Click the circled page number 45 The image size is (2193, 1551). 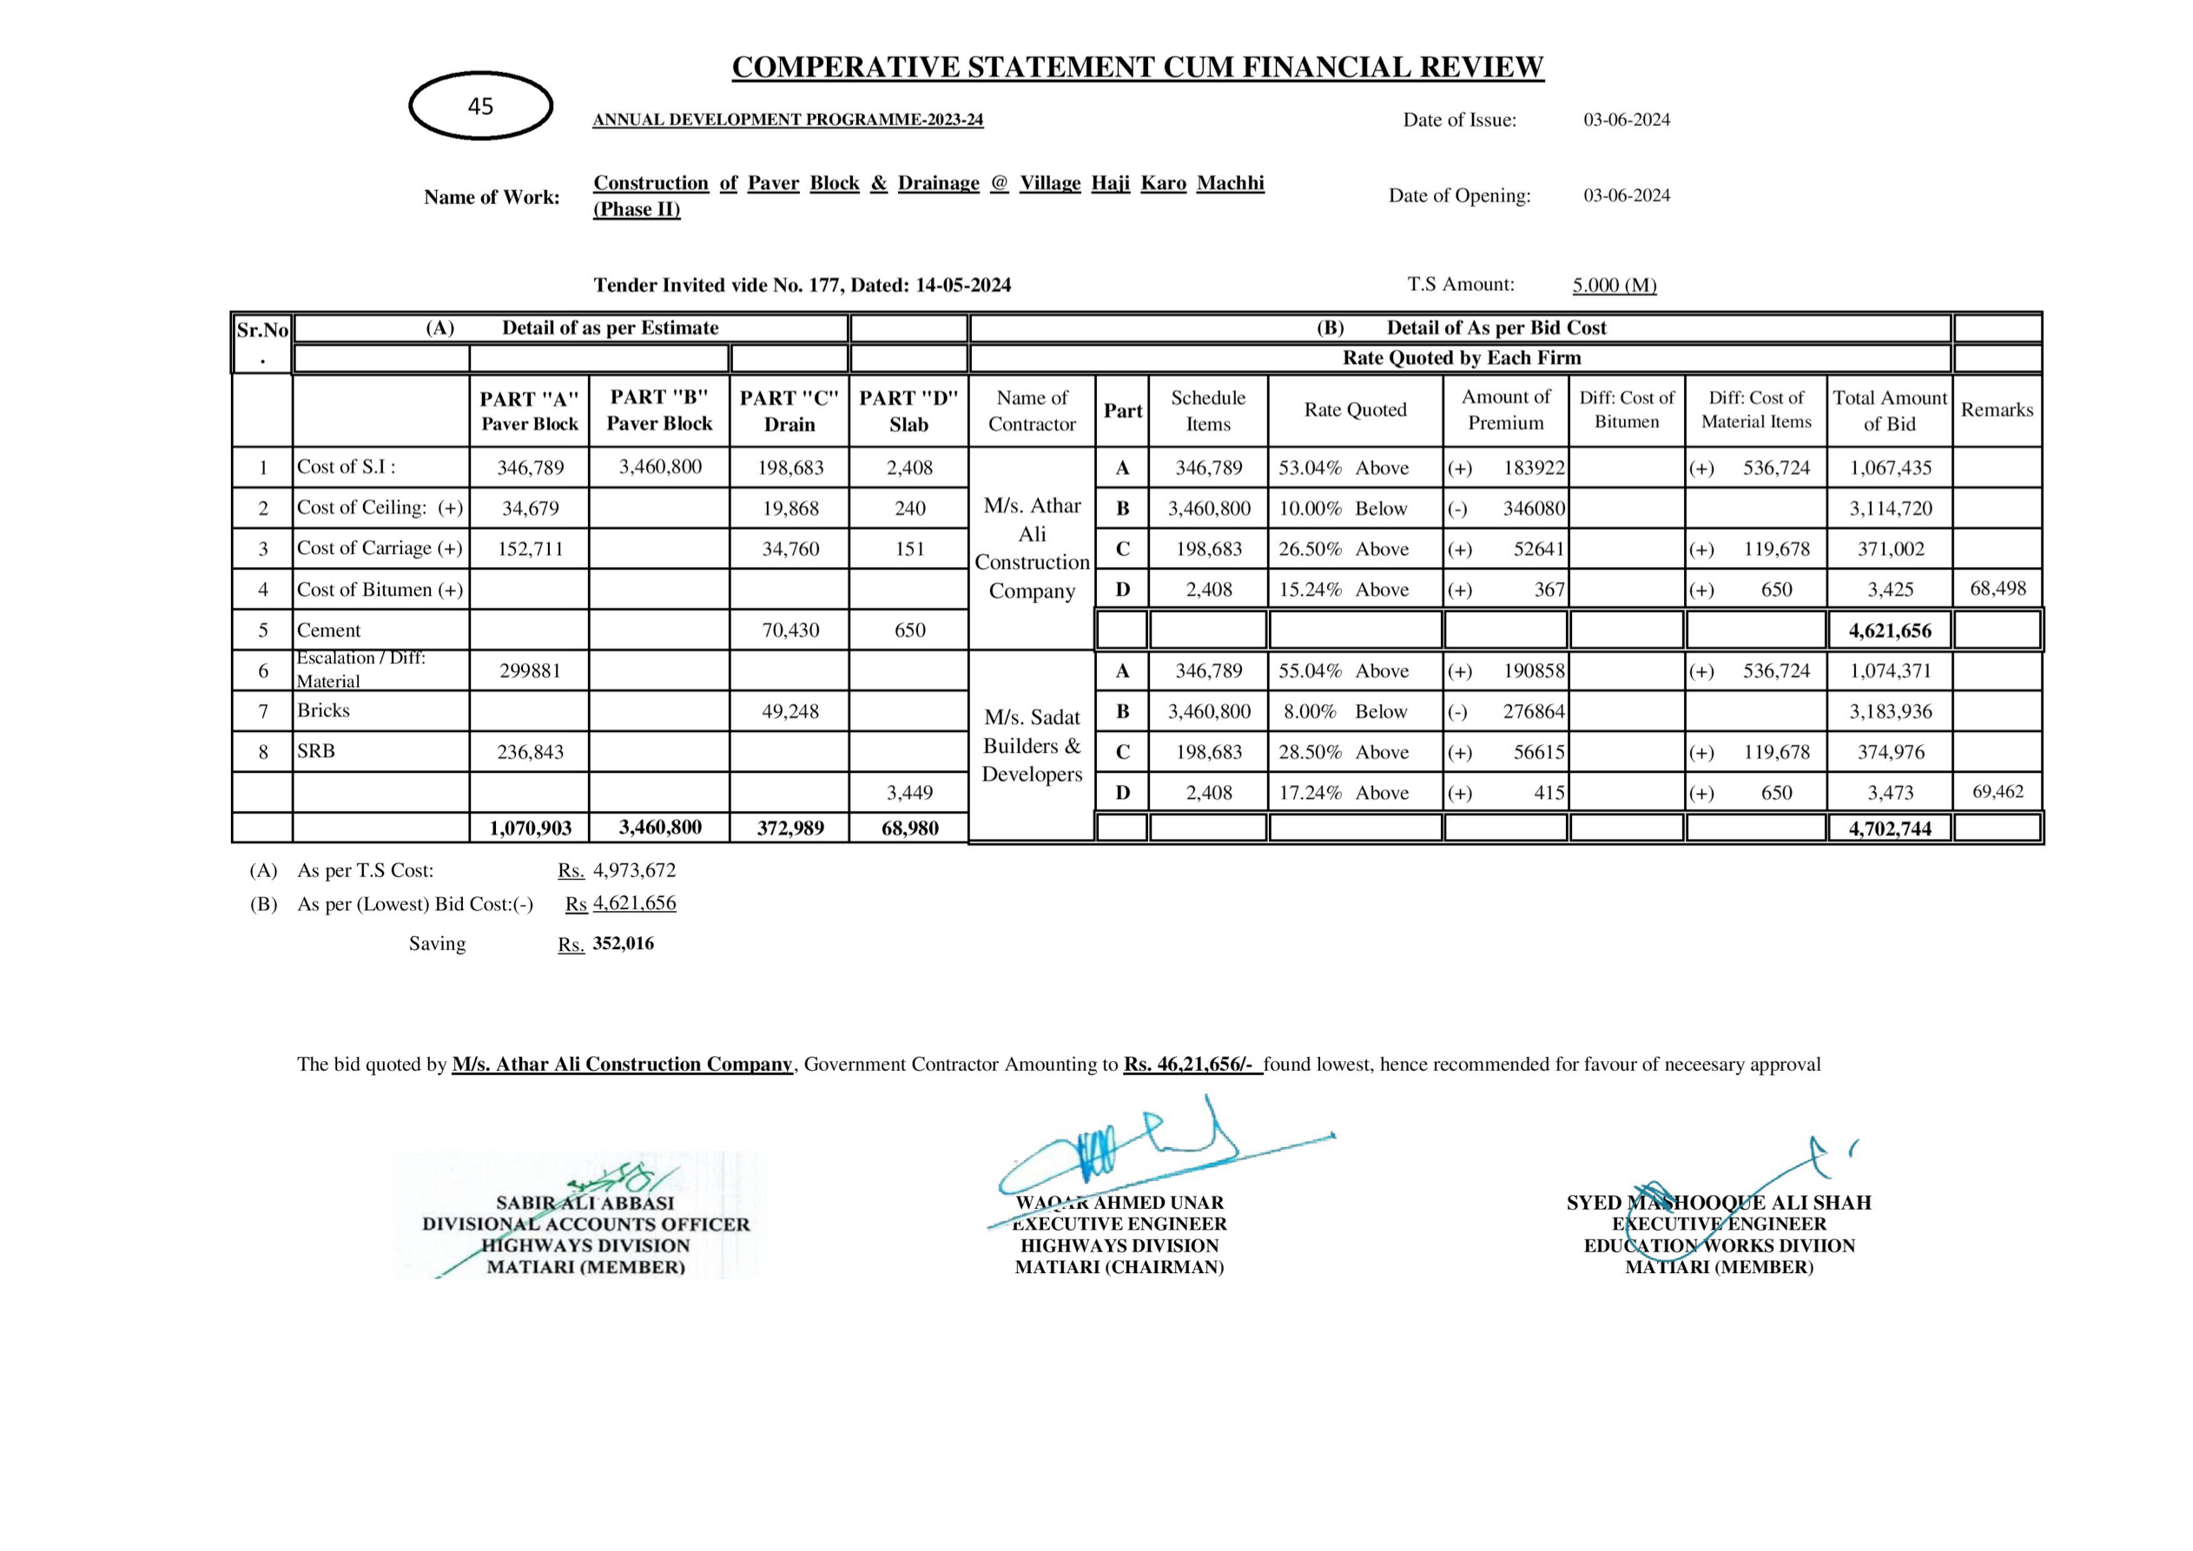(480, 106)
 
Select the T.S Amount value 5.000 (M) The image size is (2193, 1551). (1615, 286)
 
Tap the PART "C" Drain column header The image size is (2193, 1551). (789, 411)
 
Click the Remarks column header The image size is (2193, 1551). (1998, 410)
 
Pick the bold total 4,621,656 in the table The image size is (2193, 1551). (1889, 631)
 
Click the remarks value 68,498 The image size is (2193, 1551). (1998, 588)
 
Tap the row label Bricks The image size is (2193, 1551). (324, 710)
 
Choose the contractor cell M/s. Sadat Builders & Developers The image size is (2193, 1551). (1032, 746)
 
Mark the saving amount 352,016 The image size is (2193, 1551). (623, 944)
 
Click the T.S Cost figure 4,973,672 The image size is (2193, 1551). (634, 871)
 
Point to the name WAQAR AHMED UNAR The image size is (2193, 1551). (1120, 1204)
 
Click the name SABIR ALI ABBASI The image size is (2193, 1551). (585, 1204)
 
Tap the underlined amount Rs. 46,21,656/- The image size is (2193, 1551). (1192, 1064)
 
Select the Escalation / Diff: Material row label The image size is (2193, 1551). (361, 670)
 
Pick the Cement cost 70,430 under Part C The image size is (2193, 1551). (789, 630)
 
